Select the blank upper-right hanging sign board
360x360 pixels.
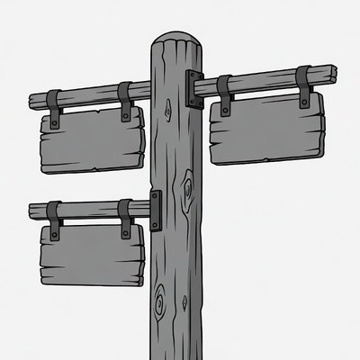265,128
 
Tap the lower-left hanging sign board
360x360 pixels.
91,253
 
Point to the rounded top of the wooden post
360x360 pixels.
176,41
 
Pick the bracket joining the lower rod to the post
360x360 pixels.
156,210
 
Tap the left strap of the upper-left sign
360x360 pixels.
54,108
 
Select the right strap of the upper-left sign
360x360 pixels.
125,101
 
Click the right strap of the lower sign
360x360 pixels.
125,219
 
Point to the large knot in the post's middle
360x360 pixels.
187,191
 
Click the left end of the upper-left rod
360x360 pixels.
32,101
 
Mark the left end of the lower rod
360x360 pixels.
32,211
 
